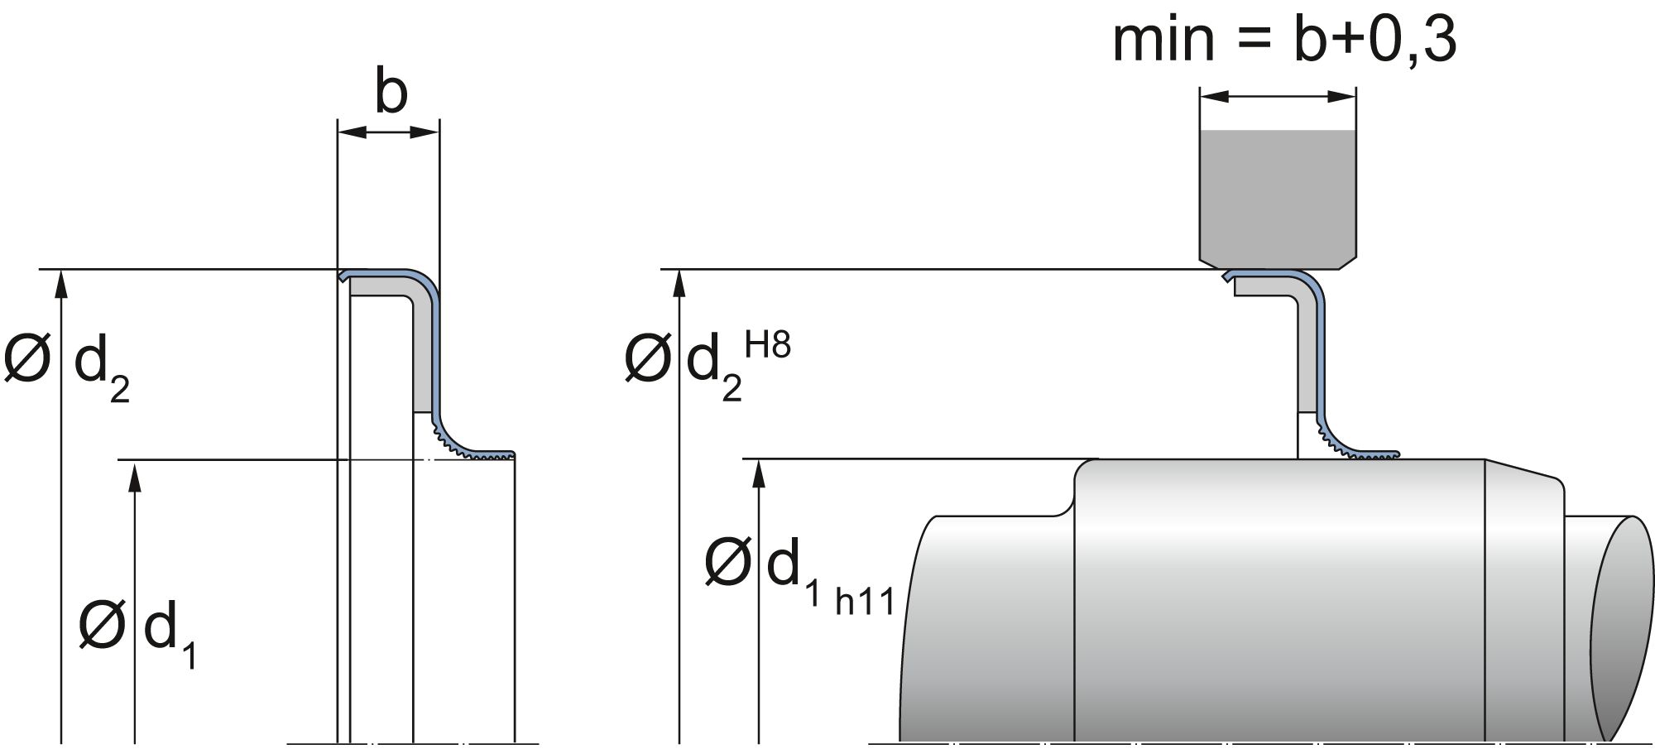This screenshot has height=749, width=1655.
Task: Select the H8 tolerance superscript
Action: tap(768, 345)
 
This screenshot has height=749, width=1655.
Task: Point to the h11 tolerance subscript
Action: tap(866, 602)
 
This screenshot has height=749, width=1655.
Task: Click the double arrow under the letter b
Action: tap(388, 132)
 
